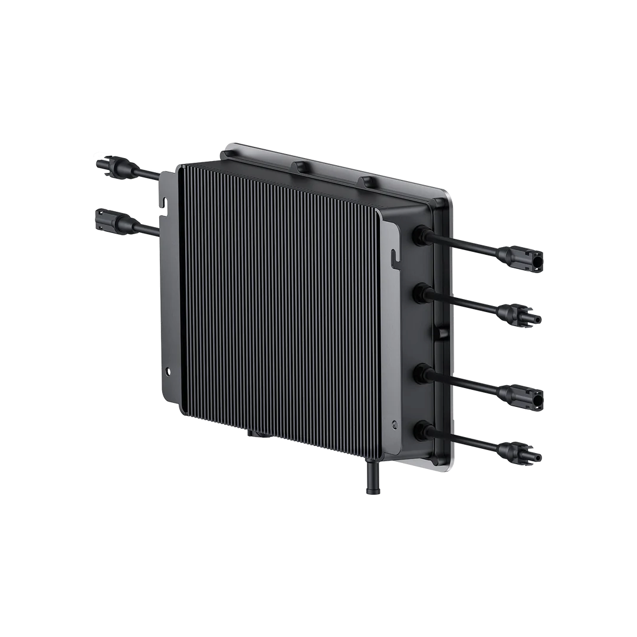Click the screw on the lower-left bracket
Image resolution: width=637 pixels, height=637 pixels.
(x=169, y=372)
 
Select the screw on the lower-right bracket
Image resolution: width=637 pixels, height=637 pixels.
(x=396, y=424)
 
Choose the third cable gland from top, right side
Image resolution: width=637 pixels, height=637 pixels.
(x=422, y=373)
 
